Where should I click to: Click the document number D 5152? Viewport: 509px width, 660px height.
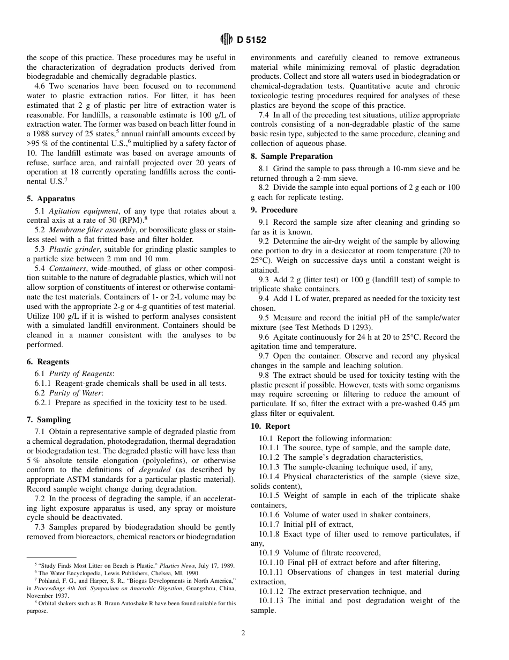pos(251,40)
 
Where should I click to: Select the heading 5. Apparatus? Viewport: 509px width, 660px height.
pos(51,199)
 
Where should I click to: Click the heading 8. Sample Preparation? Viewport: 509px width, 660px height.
pos(292,156)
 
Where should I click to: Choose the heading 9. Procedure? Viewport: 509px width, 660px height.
pos(274,210)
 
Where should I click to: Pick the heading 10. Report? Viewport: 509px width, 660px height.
pos(271,426)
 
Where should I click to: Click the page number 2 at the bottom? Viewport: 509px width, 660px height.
pos(243,633)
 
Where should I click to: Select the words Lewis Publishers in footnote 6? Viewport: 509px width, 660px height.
pos(109,573)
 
